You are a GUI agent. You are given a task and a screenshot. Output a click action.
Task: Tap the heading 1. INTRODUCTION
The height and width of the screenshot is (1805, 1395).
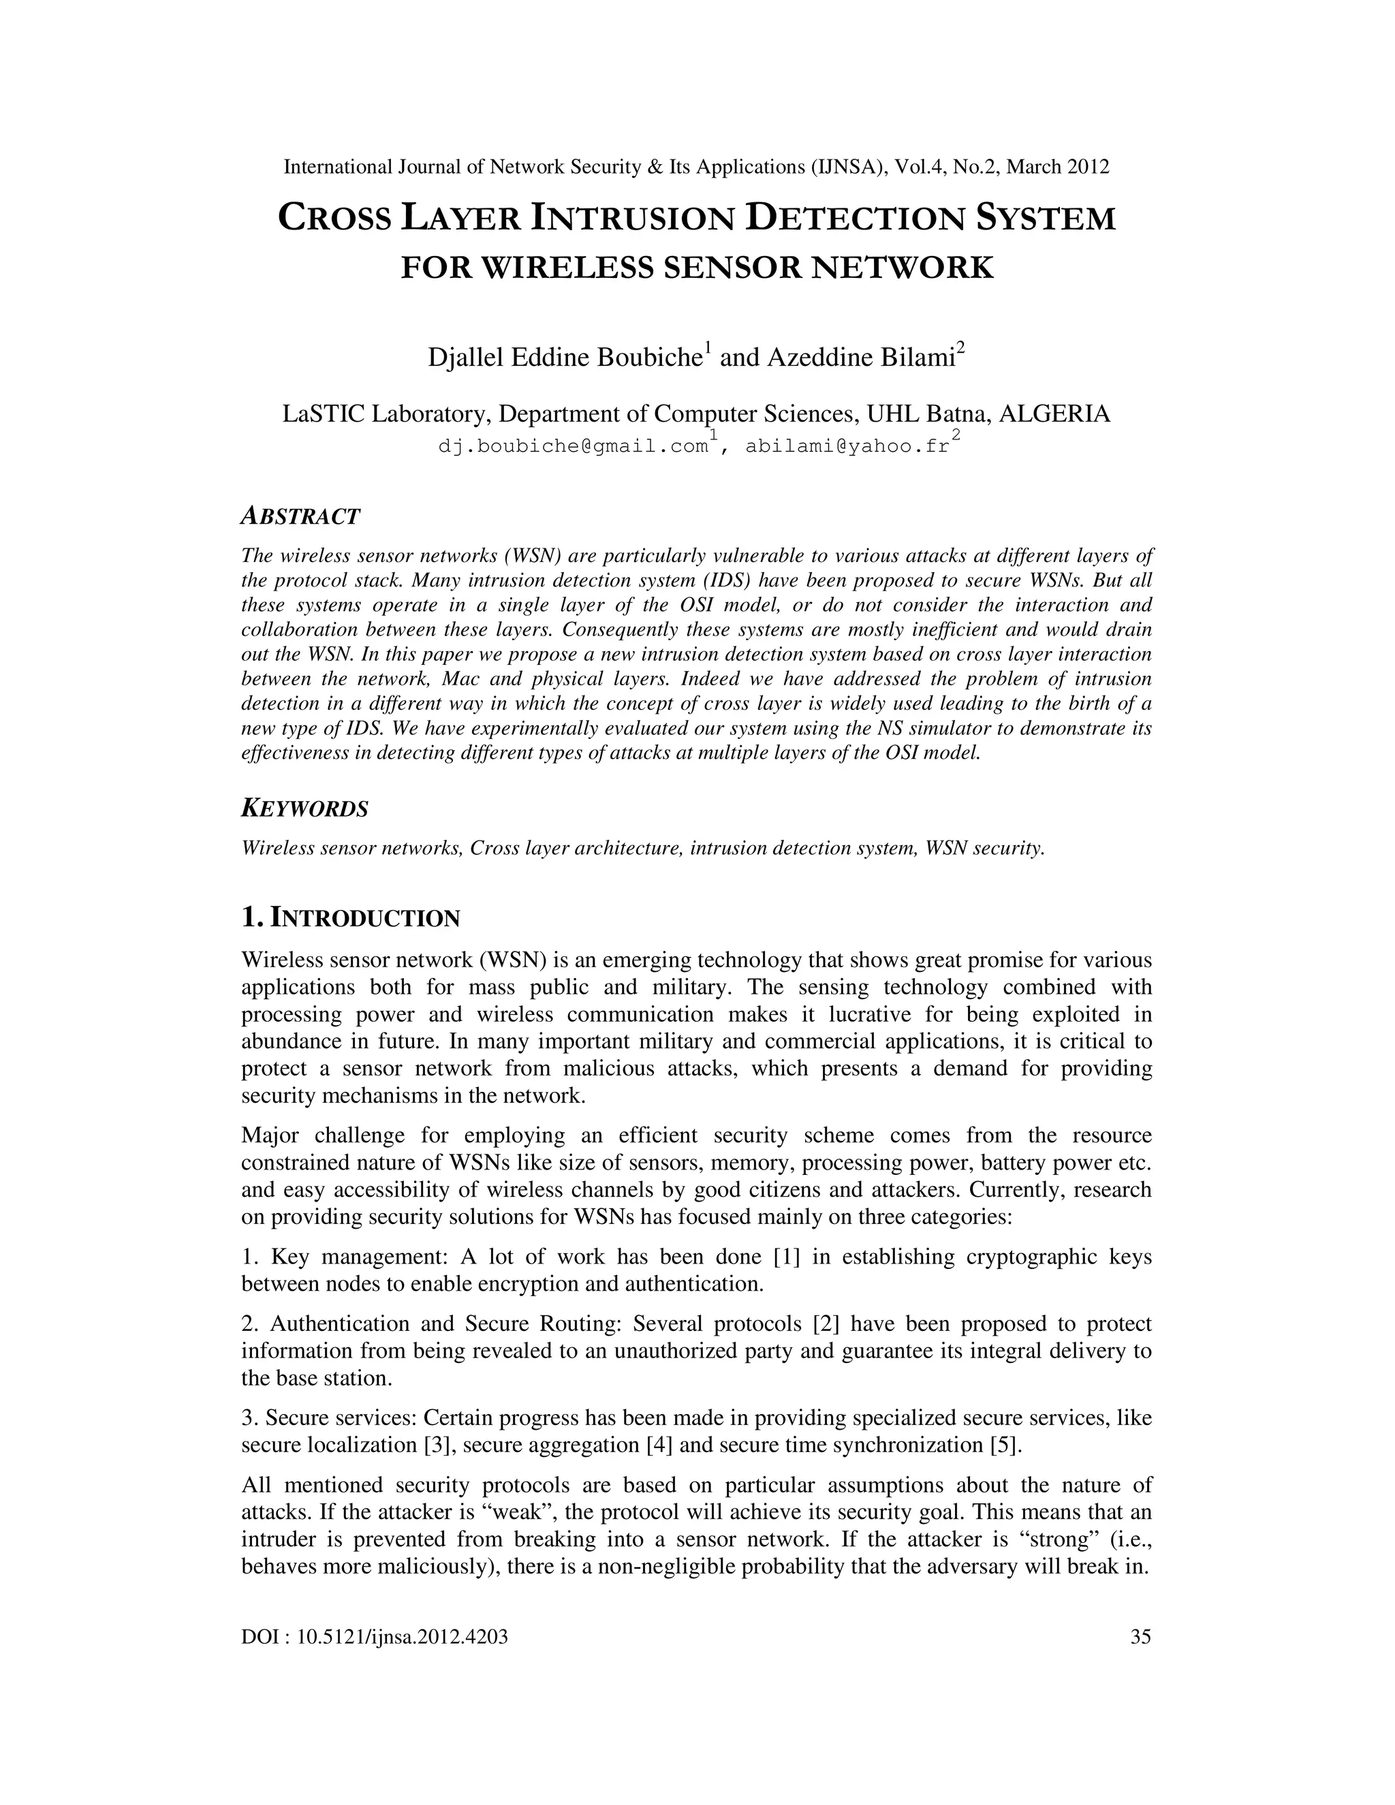(350, 917)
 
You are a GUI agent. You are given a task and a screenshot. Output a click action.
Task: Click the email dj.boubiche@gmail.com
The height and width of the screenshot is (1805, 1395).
(574, 446)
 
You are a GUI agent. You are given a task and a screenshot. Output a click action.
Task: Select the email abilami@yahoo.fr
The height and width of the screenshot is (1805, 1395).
(847, 446)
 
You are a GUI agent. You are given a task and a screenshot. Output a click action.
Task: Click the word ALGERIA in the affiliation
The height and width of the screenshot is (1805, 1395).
(1054, 413)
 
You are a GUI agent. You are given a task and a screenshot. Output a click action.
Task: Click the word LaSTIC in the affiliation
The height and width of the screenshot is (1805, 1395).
(323, 413)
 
